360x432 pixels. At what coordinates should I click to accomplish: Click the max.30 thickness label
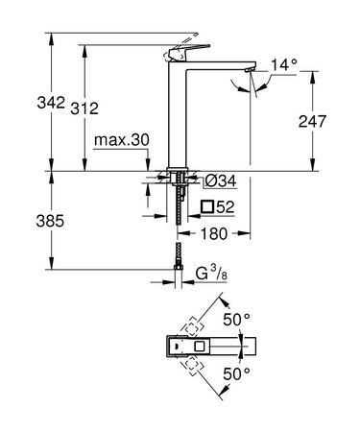[x=122, y=140]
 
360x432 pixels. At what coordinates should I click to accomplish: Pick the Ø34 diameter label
[x=222, y=181]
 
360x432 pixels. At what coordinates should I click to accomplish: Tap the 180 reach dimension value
[x=216, y=233]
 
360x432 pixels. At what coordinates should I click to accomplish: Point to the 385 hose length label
[x=21, y=221]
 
